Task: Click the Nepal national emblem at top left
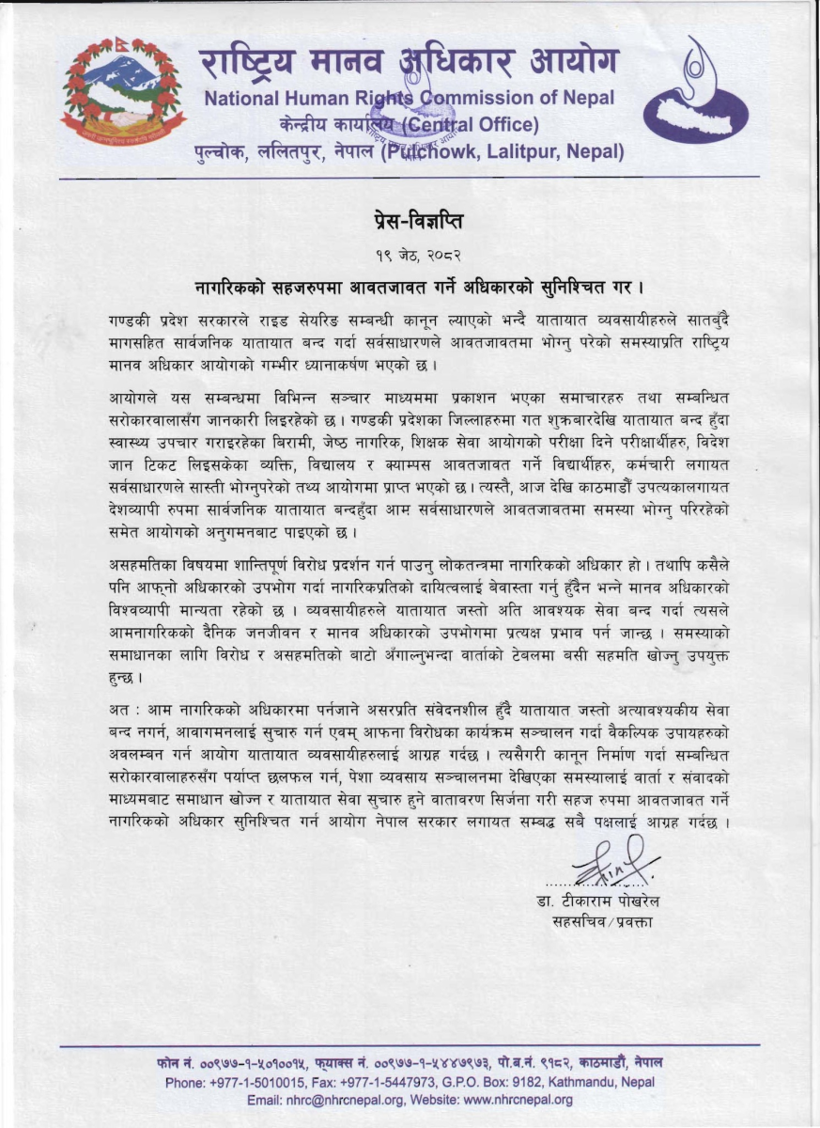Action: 122,91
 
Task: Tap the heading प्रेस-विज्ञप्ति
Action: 410,223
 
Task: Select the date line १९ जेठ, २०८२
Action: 410,253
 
